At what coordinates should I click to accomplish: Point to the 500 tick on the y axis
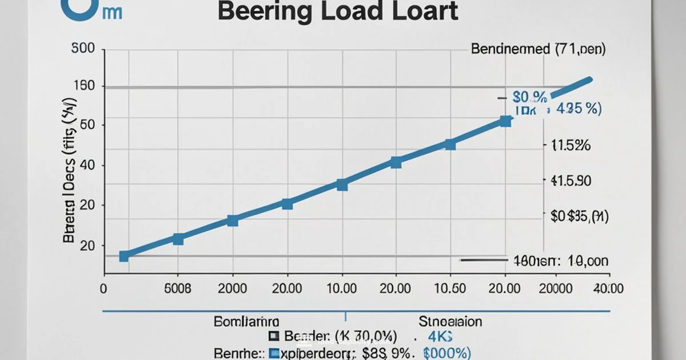[x=83, y=49]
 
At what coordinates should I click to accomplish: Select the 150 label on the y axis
[x=83, y=87]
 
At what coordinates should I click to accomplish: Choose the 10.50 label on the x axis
[x=450, y=288]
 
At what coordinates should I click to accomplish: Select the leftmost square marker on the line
[x=124, y=256]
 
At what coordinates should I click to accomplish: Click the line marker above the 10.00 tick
[x=342, y=185]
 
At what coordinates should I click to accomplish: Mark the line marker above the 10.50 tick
[x=450, y=145]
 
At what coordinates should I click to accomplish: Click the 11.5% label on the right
[x=570, y=146]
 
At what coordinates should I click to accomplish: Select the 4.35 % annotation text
[x=578, y=109]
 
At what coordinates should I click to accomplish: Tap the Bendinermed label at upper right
[x=537, y=49]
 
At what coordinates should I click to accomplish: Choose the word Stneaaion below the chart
[x=450, y=321]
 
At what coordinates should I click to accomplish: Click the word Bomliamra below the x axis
[x=246, y=321]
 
